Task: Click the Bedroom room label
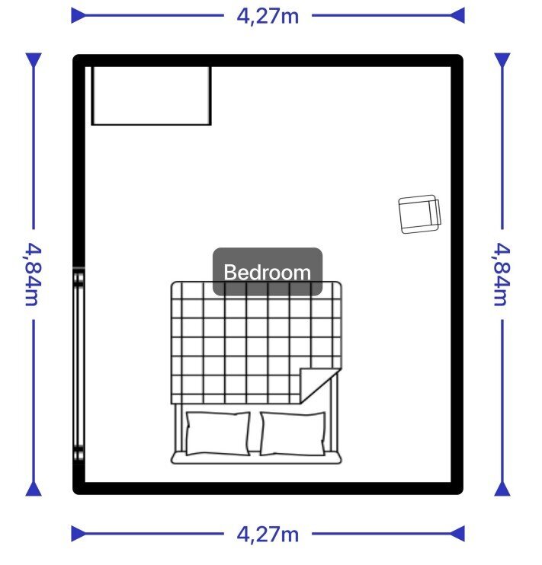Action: tap(268, 272)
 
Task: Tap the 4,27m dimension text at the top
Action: tap(268, 16)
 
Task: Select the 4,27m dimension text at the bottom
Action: tap(268, 535)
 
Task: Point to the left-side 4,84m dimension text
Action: tap(34, 274)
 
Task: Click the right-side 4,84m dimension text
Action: tap(502, 274)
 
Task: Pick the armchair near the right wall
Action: tap(420, 215)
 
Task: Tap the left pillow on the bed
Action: tap(218, 433)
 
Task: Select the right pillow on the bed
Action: tap(293, 434)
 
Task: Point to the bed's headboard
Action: tap(256, 458)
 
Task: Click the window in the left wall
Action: tap(79, 366)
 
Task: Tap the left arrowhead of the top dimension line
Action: tap(79, 15)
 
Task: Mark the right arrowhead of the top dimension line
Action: tap(457, 15)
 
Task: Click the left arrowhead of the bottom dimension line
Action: tap(79, 534)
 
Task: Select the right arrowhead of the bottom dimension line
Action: tap(457, 534)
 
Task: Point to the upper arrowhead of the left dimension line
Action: tap(34, 60)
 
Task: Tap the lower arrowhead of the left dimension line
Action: tap(34, 489)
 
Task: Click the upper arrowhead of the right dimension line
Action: tap(502, 60)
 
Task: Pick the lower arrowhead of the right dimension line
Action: tap(502, 489)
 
